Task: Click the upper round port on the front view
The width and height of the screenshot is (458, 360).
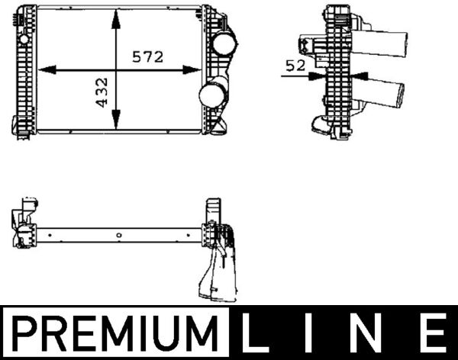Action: click(223, 43)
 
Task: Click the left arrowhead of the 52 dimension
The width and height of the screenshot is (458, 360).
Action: click(320, 75)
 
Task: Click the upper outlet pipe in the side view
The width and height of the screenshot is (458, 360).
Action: click(381, 42)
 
